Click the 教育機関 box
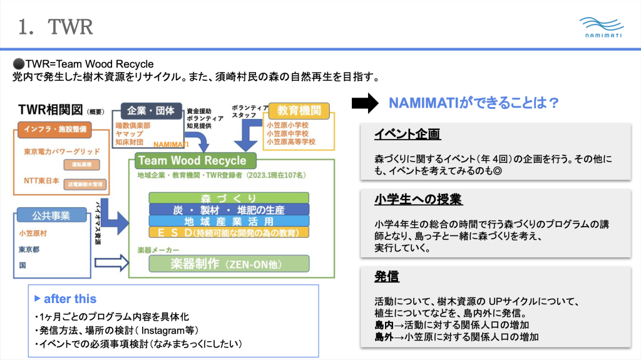[x=299, y=111]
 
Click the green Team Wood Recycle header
[x=192, y=161]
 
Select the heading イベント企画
[x=407, y=134]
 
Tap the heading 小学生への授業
[x=418, y=200]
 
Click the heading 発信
[x=386, y=276]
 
